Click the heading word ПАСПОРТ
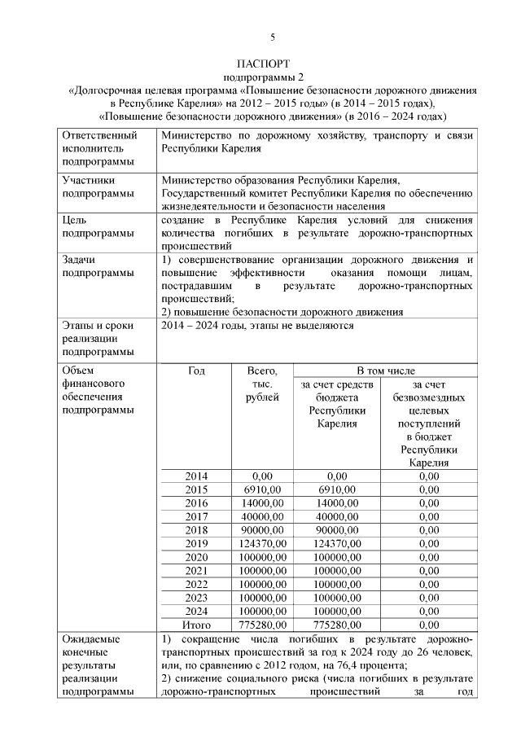262,64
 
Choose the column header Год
196,371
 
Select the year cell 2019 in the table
196,544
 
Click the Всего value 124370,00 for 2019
262,544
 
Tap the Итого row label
196,625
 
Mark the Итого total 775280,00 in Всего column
262,625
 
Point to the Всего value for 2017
262,517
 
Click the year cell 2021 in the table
196,571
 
